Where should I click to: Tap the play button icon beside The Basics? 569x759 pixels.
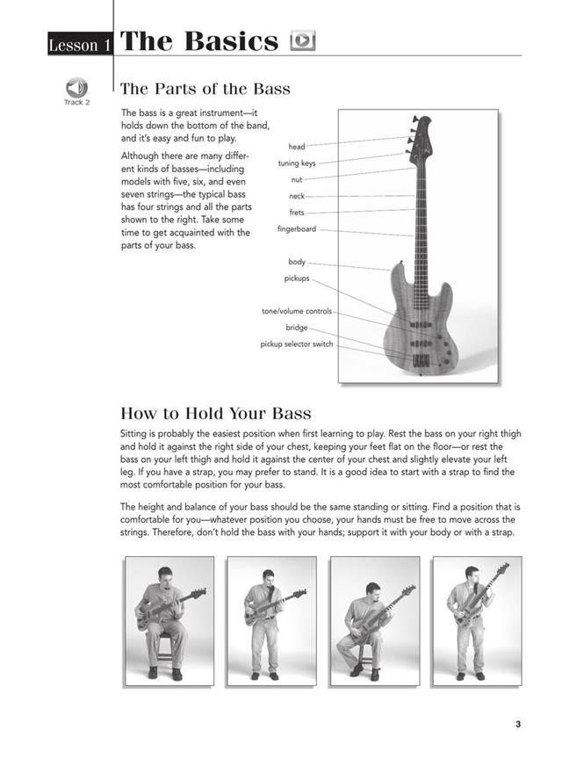pos(302,41)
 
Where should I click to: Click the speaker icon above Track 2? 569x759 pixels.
pos(76,87)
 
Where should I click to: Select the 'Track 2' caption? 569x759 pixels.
pos(76,103)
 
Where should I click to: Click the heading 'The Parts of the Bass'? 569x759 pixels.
pos(205,89)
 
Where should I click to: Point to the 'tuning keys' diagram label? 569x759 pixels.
pos(296,163)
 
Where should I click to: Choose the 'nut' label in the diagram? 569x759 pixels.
pos(296,180)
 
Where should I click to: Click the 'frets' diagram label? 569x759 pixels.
pos(296,213)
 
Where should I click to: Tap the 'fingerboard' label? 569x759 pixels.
pos(296,229)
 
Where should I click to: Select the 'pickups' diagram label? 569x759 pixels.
pos(296,278)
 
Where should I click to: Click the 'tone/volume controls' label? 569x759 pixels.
pos(296,311)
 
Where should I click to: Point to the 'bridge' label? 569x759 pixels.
pos(296,328)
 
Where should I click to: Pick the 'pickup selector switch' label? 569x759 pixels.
pos(296,344)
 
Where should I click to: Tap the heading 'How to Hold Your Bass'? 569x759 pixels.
pos(215,413)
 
